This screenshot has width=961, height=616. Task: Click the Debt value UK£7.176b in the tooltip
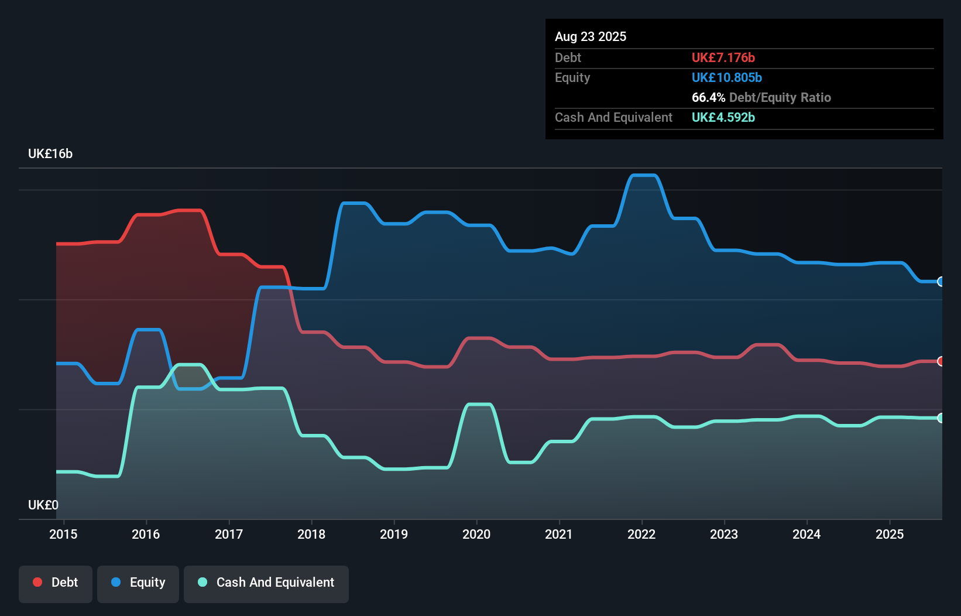[x=723, y=57]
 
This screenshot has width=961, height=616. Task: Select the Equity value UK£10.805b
[x=726, y=77]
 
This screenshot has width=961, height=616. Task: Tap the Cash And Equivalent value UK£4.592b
[x=723, y=117]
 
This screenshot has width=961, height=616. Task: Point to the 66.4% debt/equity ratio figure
[x=708, y=97]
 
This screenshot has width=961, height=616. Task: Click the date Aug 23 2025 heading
[x=590, y=36]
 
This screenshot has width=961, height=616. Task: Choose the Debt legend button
[x=56, y=583]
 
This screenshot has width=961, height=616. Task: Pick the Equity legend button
[x=138, y=583]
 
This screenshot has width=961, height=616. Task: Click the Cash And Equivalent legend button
[x=266, y=583]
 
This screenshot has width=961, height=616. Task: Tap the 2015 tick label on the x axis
[x=63, y=534]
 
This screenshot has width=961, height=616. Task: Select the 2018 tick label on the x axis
[x=311, y=534]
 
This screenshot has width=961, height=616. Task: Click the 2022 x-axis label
[x=641, y=534]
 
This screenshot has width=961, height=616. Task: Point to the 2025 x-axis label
[x=889, y=534]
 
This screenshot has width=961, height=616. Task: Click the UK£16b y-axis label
[x=50, y=153]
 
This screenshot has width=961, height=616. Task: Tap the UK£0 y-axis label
[x=43, y=505]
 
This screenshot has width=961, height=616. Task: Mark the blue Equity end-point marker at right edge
[x=941, y=282]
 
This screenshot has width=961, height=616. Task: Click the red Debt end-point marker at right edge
[x=941, y=361]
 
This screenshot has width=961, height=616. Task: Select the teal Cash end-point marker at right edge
[x=941, y=418]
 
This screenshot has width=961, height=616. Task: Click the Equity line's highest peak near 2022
[x=643, y=175]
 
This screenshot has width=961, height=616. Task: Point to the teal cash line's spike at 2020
[x=479, y=404]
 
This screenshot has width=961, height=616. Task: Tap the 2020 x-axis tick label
[x=476, y=534]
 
